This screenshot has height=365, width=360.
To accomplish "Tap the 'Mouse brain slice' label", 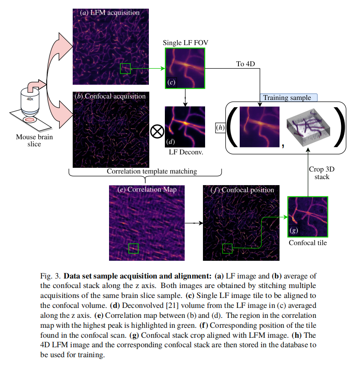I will tap(34, 141).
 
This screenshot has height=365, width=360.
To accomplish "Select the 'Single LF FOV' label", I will tap(184, 43).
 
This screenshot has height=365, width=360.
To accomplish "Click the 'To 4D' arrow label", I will tap(245, 64).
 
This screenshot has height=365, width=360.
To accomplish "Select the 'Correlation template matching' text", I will tap(152, 171).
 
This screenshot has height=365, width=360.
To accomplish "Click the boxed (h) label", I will tap(221, 128).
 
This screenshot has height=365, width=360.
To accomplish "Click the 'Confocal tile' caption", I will tap(308, 243).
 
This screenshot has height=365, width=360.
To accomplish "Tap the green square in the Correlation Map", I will tap(134, 248).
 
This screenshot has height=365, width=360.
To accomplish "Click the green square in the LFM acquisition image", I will tap(125, 68).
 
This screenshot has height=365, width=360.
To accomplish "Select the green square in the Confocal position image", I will tap(227, 248).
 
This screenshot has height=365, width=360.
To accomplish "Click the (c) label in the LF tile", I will tap(171, 82).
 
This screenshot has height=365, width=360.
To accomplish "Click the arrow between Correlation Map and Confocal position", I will tap(195, 223).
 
